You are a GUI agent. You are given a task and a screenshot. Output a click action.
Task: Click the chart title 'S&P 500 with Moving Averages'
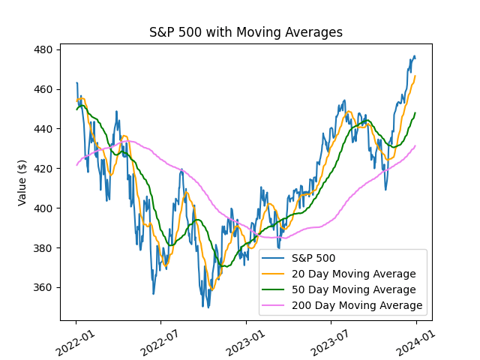246,32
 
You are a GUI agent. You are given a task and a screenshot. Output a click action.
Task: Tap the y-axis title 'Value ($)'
22,182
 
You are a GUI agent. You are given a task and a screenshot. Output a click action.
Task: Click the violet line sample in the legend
278,306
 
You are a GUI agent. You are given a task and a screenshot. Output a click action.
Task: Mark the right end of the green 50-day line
415,113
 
